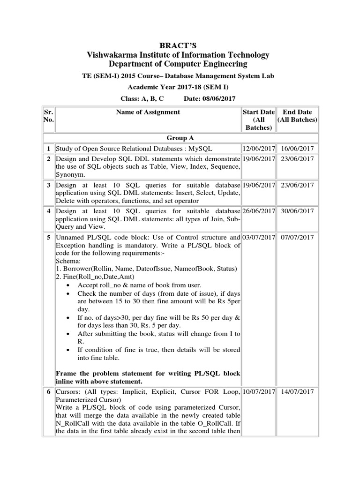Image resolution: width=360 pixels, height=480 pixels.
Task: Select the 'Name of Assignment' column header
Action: (x=148, y=112)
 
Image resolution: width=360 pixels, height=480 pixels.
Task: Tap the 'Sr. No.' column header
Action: (x=48, y=116)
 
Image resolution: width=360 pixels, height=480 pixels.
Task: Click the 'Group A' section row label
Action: (x=180, y=138)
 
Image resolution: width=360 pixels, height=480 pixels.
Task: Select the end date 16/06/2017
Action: (x=297, y=149)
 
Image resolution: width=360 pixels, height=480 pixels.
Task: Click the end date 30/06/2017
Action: (x=297, y=211)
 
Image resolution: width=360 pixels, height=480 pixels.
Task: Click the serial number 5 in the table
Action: (x=48, y=237)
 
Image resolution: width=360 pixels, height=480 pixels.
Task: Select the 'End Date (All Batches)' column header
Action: (x=297, y=116)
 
